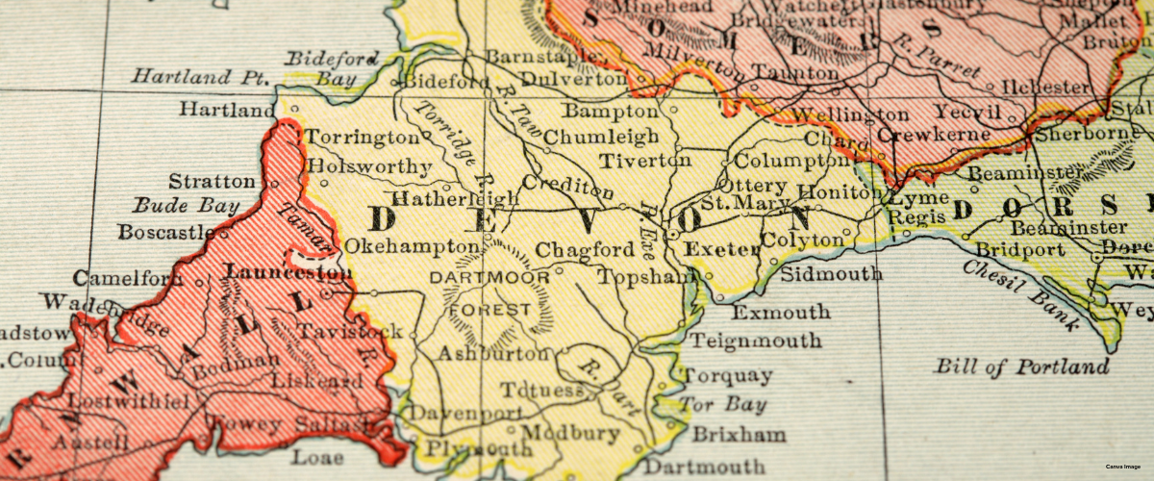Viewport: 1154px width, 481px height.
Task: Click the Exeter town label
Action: (721, 250)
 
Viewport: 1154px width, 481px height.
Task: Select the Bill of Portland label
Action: (1021, 367)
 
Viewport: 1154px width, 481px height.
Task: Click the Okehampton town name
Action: (398, 246)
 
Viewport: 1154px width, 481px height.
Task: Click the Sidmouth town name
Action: (831, 274)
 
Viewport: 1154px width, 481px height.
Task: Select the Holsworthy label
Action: (371, 165)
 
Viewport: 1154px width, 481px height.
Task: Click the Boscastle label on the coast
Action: (166, 232)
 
